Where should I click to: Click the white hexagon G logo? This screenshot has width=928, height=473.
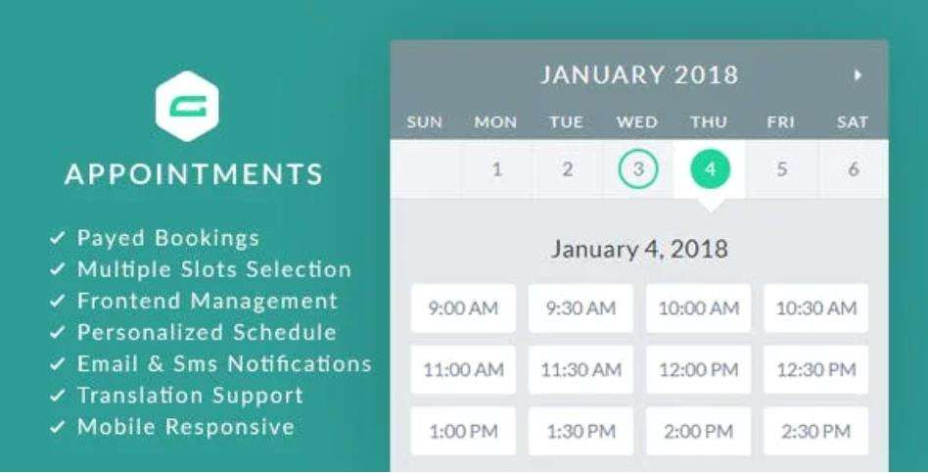click(186, 106)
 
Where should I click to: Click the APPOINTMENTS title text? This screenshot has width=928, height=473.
click(194, 174)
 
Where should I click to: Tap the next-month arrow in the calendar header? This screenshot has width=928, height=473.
click(858, 74)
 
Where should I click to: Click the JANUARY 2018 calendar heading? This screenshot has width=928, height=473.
click(639, 74)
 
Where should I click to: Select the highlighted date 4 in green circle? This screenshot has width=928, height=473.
click(710, 169)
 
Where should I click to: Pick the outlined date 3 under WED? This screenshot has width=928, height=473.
click(638, 169)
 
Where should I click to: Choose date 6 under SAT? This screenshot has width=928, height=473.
click(853, 169)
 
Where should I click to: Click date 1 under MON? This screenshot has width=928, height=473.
click(496, 169)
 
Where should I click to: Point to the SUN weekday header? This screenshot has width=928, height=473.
click(424, 122)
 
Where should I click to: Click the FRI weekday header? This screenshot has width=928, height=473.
click(780, 122)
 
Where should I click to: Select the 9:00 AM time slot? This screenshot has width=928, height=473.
click(463, 308)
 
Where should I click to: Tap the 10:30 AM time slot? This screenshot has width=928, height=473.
click(815, 308)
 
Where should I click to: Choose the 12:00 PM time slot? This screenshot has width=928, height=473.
click(698, 370)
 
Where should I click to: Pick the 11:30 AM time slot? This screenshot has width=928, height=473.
click(580, 370)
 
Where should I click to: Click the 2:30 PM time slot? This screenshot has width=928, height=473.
click(815, 432)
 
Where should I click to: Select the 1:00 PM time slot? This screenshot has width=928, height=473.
click(463, 432)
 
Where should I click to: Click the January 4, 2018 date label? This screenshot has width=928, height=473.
click(639, 248)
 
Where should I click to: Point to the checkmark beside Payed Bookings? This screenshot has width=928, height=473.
click(59, 238)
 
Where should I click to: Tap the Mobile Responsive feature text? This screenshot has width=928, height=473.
click(185, 427)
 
